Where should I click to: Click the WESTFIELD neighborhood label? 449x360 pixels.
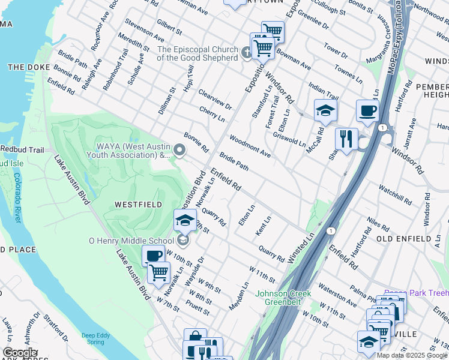tap(138, 205)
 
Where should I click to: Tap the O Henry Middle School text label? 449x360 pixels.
tap(131, 241)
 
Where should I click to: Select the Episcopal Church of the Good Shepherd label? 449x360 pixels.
tap(197, 54)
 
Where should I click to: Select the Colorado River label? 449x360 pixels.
tap(17, 198)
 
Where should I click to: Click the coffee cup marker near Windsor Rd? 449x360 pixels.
tap(367, 110)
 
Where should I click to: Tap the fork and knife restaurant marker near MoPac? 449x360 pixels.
tap(346, 139)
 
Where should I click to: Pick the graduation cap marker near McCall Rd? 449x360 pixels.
tap(325, 110)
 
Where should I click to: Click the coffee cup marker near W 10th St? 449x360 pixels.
tap(153, 256)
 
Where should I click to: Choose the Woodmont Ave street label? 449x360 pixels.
tap(249, 146)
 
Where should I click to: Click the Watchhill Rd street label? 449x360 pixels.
tap(394, 193)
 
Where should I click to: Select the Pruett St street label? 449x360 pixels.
tap(197, 308)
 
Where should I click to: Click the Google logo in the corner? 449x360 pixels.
tap(20, 353)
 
